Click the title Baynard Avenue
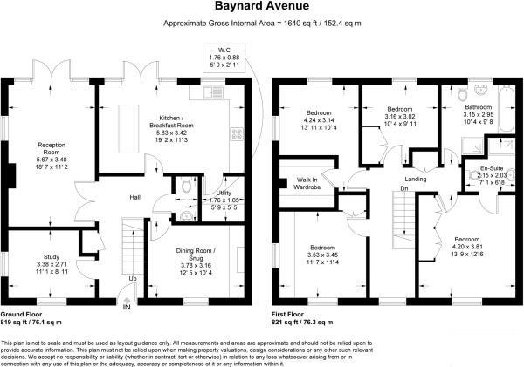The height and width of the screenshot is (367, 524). pyautogui.click(x=261, y=7)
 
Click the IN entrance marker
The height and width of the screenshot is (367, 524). pyautogui.click(x=127, y=308)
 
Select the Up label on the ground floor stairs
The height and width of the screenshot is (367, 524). pyautogui.click(x=134, y=278)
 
